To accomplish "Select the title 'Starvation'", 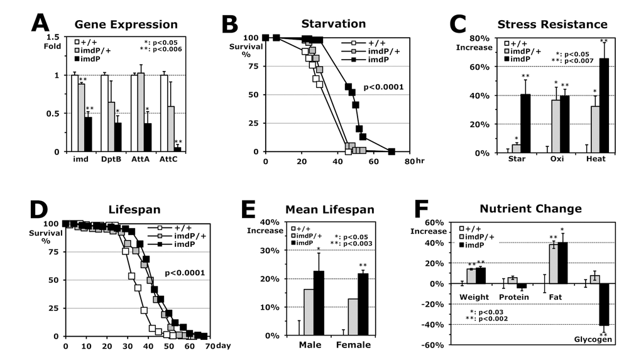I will coord(325,24).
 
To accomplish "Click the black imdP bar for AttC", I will coord(178,149).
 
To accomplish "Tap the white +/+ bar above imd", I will coord(75,113).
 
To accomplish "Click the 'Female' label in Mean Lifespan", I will coord(354,344).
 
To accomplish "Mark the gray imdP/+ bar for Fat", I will coord(554,264).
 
